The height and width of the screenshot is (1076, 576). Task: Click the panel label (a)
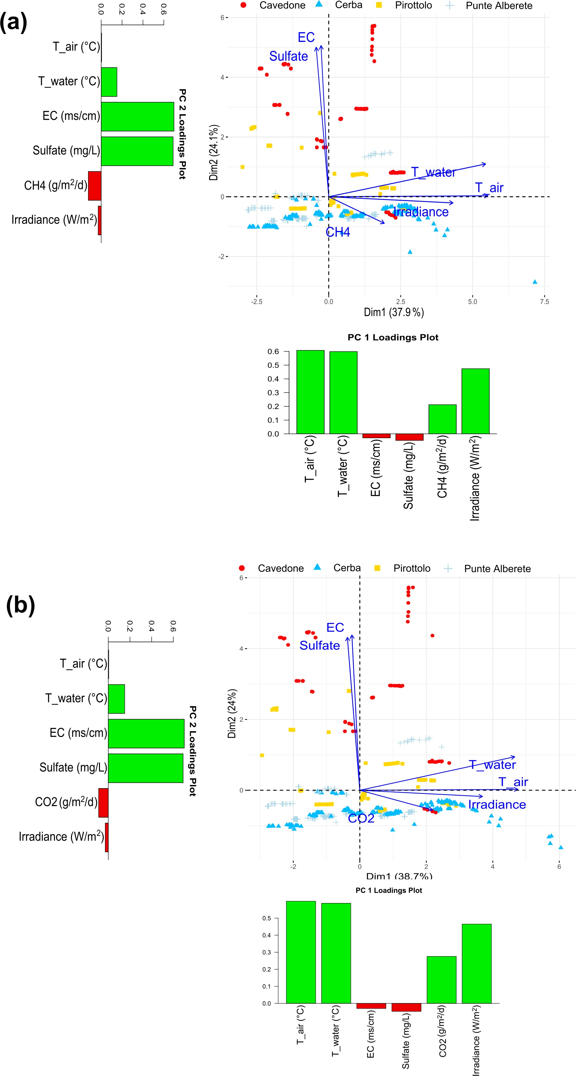14,22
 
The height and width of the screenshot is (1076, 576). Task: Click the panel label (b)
20,605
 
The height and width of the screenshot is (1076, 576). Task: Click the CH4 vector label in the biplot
337,232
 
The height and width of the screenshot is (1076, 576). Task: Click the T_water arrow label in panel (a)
433,172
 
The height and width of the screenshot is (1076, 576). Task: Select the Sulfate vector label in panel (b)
319,645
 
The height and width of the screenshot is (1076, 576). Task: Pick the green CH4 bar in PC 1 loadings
442,419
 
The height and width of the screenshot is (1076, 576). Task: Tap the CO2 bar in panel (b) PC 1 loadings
441,979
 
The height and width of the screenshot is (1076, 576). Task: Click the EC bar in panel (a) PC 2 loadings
137,117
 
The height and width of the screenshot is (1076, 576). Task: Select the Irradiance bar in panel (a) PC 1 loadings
475,401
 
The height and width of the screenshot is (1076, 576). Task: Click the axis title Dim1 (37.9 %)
393,312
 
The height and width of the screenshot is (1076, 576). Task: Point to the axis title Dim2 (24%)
232,713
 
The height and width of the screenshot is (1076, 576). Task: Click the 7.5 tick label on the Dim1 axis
544,302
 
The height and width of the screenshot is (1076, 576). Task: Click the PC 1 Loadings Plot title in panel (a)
393,337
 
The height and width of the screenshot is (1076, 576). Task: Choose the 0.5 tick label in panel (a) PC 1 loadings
273,365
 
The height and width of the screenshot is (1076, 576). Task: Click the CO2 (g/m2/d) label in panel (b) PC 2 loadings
66,802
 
